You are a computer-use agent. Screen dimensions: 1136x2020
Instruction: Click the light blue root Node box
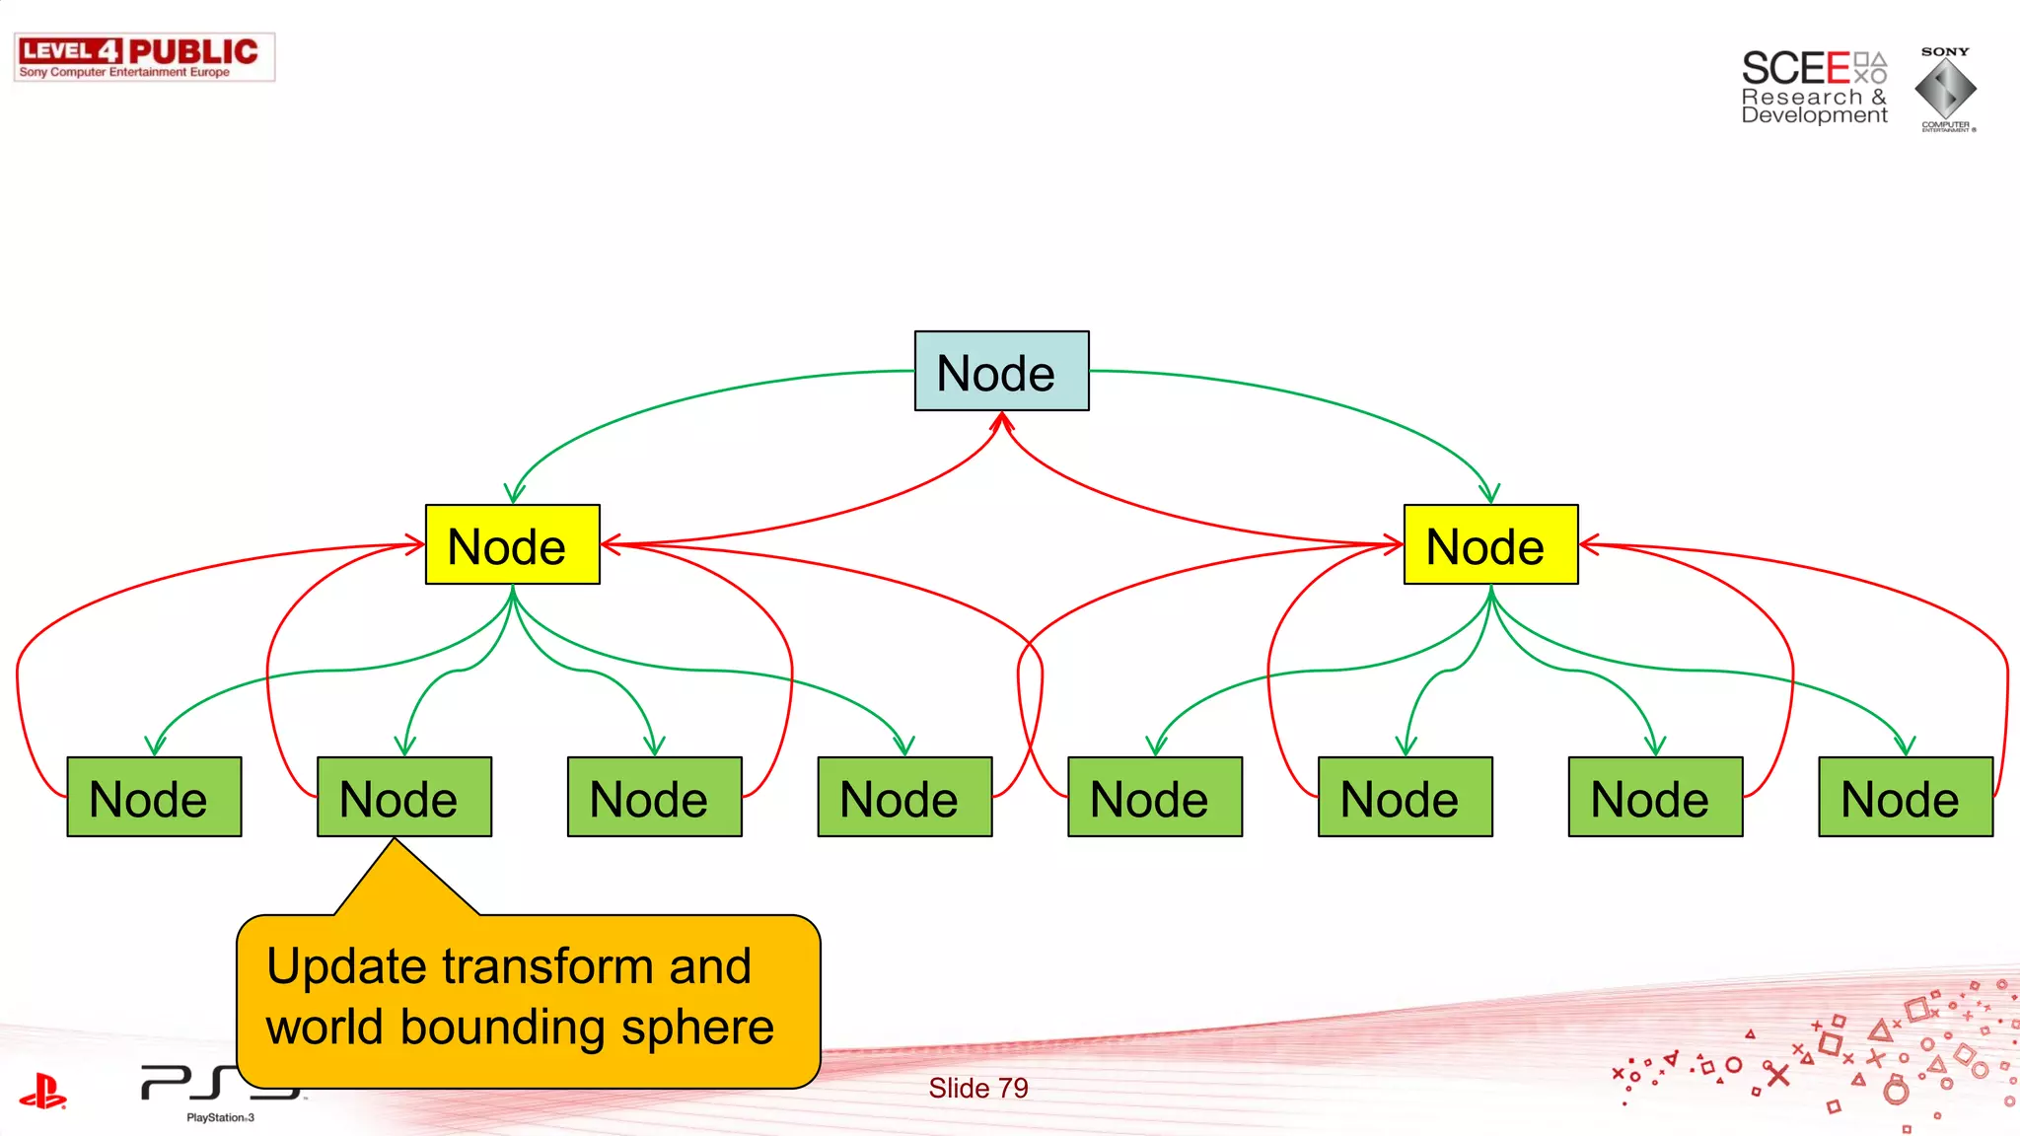tap(1001, 371)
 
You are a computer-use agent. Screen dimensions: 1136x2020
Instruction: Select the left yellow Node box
tap(512, 544)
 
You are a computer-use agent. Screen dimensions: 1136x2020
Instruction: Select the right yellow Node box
tap(1490, 544)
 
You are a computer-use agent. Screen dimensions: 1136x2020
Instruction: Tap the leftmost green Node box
tap(154, 797)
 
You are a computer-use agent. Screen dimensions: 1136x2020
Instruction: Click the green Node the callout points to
tap(403, 797)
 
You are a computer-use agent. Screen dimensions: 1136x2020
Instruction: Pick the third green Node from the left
tap(654, 797)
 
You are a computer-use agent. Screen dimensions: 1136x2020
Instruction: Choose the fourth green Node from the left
tap(904, 797)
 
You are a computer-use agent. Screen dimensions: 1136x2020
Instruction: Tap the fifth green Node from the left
tap(1155, 797)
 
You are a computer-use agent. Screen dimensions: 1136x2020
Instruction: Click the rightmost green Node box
tap(1906, 797)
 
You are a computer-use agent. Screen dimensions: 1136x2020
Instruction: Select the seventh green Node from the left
tap(1655, 797)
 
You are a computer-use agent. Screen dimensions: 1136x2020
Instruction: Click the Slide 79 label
tap(977, 1088)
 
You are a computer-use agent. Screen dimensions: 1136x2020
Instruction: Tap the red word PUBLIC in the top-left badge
tap(193, 51)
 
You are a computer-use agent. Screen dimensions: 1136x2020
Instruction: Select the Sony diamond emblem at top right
tap(1945, 89)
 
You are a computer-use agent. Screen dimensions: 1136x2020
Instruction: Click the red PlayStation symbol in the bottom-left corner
tap(42, 1093)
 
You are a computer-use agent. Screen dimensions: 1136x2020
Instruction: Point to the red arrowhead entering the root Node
tap(1002, 422)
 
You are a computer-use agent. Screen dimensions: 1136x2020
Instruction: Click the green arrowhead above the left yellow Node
tap(514, 493)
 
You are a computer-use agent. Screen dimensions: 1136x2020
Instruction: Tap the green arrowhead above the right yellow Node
tap(1489, 493)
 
